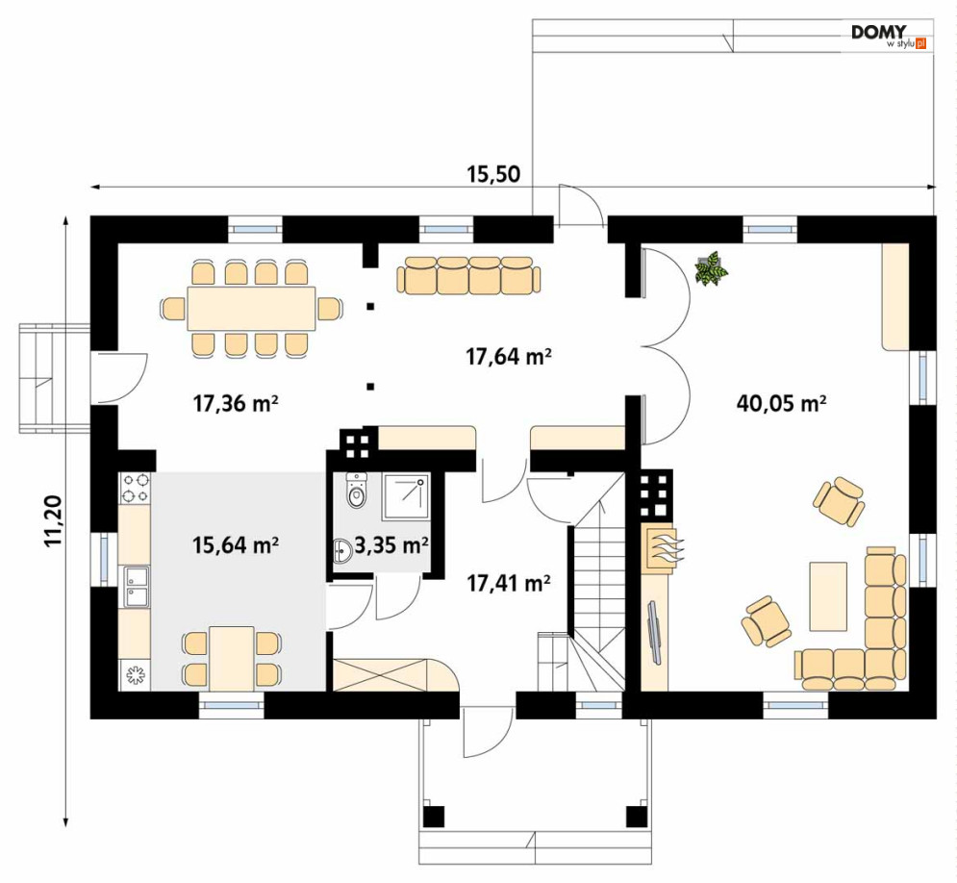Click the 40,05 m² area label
click(x=781, y=403)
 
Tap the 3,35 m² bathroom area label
click(x=390, y=544)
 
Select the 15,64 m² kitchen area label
click(x=236, y=544)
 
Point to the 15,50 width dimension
click(x=493, y=174)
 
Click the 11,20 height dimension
click(x=53, y=520)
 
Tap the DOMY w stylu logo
click(x=889, y=36)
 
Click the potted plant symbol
click(x=711, y=268)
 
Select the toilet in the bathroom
click(x=357, y=490)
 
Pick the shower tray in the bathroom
click(x=405, y=496)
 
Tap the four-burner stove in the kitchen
click(x=135, y=488)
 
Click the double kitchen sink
click(x=137, y=587)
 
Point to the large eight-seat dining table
click(x=251, y=308)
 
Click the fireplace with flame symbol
click(x=663, y=546)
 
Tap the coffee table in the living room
click(x=828, y=596)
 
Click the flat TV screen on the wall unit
click(x=654, y=632)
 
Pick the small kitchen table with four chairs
click(x=232, y=658)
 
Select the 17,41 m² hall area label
click(x=509, y=584)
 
